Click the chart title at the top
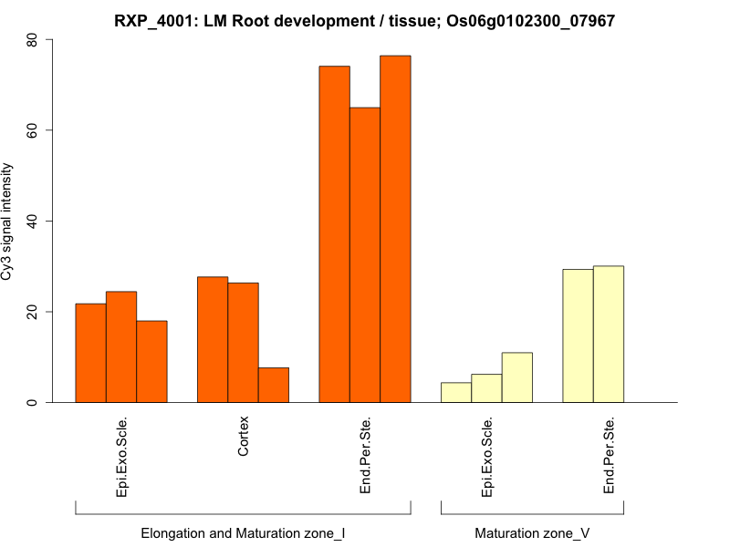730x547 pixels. tap(365, 19)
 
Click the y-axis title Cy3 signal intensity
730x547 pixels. tap(7, 221)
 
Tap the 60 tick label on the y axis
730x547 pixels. tap(33, 130)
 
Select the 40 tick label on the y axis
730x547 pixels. tap(33, 221)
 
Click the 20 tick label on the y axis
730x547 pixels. tap(33, 312)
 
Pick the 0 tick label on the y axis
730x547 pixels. tap(33, 402)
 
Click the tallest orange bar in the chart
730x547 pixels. tap(395, 229)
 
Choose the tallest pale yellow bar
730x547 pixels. tap(609, 334)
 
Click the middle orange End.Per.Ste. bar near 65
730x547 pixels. tap(365, 255)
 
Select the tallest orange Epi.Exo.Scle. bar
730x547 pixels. tap(121, 346)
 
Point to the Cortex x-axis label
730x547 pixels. tap(243, 437)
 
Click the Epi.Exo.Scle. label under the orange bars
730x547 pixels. tap(121, 457)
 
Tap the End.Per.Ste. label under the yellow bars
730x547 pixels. tap(609, 455)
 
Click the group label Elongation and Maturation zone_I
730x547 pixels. tap(243, 532)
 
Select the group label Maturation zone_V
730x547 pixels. tap(532, 532)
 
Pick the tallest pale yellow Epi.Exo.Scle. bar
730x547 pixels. tap(517, 377)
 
